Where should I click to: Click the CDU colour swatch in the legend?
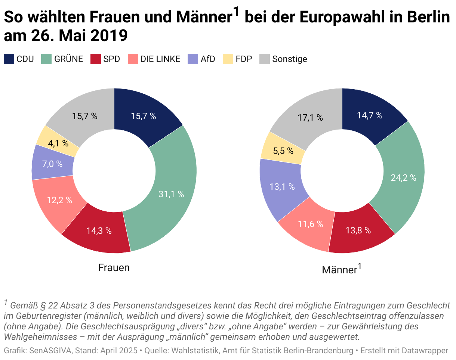click(9, 59)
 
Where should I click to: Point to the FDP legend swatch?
click(228, 59)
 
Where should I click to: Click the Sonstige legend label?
click(290, 59)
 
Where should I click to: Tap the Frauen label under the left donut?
click(114, 268)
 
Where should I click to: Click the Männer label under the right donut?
click(339, 270)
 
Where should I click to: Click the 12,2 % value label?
click(59, 200)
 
